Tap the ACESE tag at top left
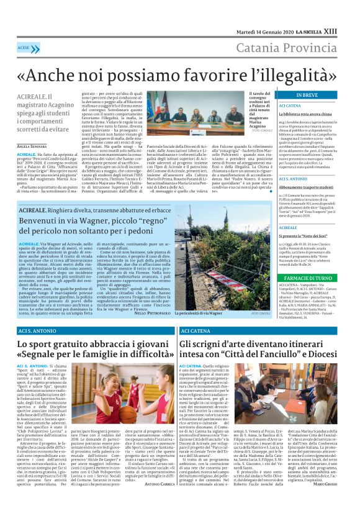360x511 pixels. (x=24, y=47)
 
